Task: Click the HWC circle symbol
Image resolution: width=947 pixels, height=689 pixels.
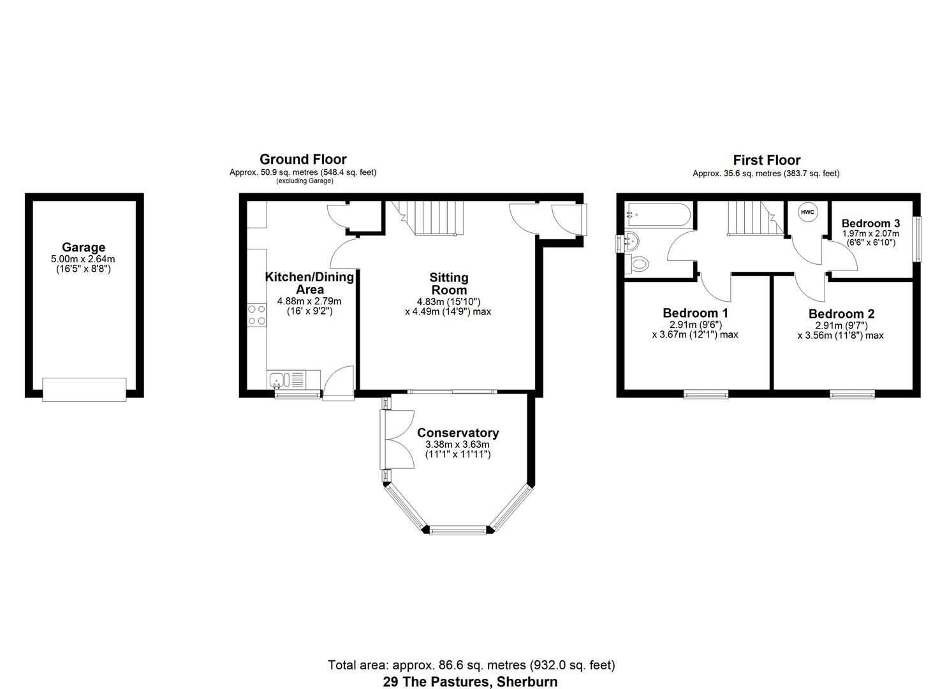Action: click(807, 212)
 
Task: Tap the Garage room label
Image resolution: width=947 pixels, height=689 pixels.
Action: click(84, 248)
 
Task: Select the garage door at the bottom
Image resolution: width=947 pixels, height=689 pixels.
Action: click(84, 389)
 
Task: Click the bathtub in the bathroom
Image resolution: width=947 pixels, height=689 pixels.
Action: click(657, 216)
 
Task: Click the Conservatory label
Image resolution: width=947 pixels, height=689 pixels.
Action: click(458, 433)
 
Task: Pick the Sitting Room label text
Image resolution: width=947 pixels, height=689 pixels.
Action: click(448, 284)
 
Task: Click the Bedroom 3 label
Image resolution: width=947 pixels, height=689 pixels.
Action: click(870, 223)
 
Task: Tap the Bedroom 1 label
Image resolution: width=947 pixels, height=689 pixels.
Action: click(695, 313)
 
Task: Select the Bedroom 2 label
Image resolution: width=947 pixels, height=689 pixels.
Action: click(841, 314)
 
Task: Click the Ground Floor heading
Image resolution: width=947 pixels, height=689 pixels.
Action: click(303, 159)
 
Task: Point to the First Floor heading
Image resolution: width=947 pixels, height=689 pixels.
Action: click(767, 160)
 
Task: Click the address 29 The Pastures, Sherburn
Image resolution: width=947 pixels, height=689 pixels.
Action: click(470, 681)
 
